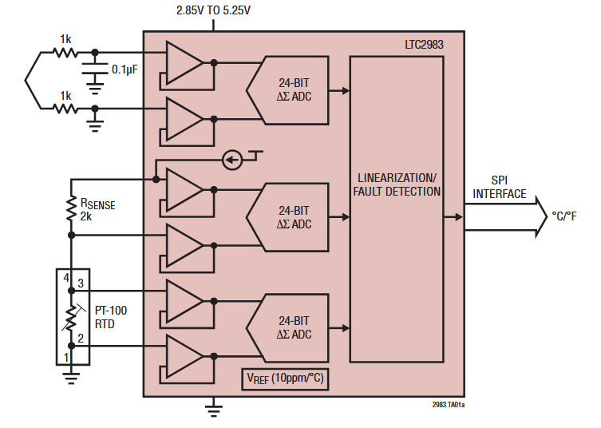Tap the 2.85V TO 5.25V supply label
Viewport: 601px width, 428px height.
click(x=214, y=10)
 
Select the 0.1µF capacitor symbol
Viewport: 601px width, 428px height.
click(x=95, y=73)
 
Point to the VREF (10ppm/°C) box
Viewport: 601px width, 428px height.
click(x=284, y=379)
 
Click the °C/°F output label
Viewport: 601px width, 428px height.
click(x=567, y=216)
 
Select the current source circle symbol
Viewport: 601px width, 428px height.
click(x=231, y=160)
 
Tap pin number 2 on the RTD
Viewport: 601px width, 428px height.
click(x=81, y=339)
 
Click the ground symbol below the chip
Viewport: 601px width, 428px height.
click(x=213, y=410)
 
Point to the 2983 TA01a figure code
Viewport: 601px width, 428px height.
click(x=448, y=405)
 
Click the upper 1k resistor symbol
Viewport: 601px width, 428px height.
click(x=65, y=53)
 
